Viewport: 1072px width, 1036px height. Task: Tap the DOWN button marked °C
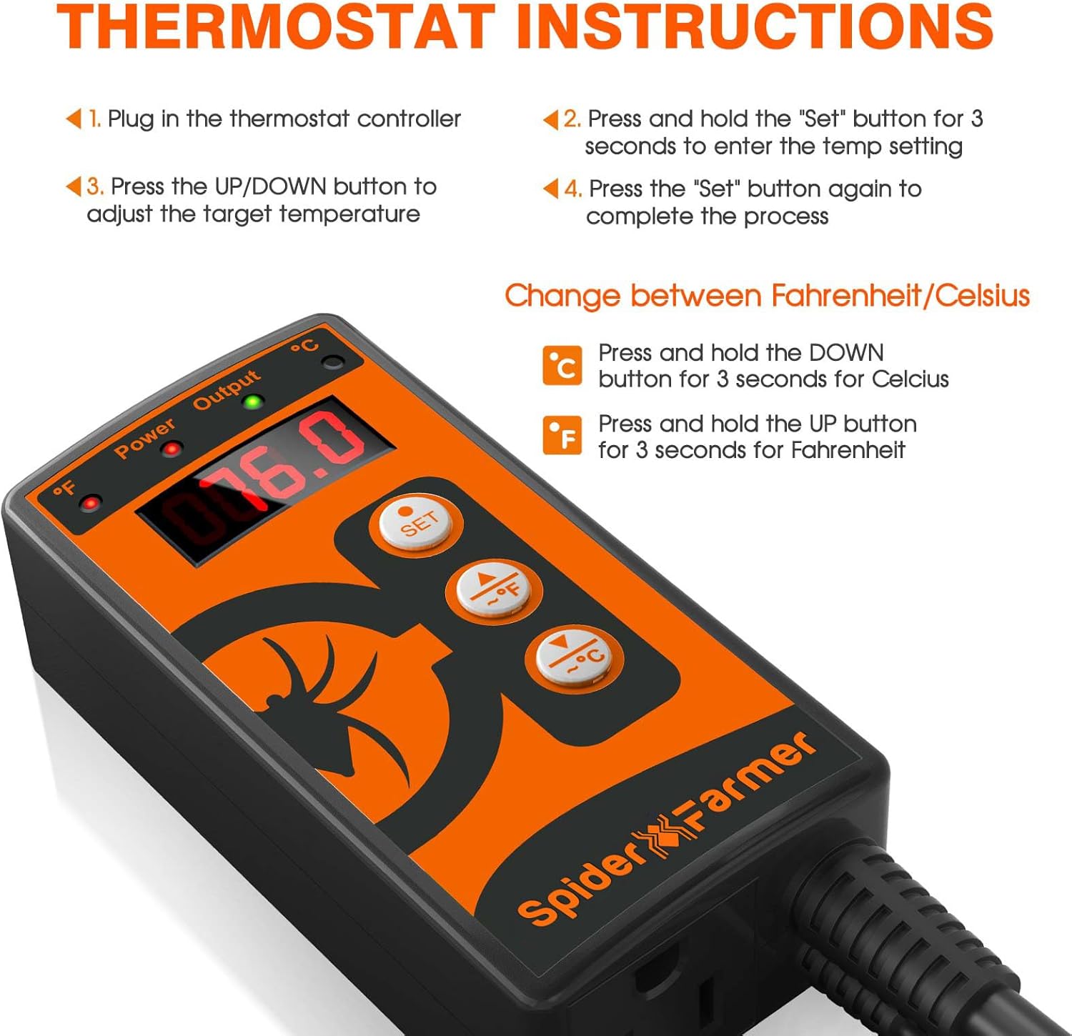(x=575, y=657)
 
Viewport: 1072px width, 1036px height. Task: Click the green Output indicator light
(x=252, y=402)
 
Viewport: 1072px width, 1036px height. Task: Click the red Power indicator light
(x=172, y=449)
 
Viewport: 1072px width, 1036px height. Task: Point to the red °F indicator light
(x=90, y=503)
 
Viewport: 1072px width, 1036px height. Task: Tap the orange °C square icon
(x=562, y=365)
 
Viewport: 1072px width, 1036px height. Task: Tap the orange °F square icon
(x=562, y=434)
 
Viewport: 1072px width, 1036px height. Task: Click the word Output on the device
(x=227, y=389)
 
